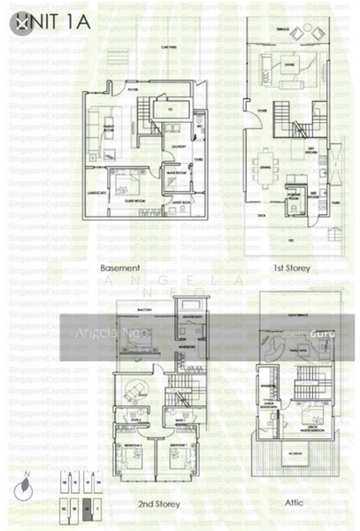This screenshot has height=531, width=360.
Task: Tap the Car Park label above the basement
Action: pos(159,47)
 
